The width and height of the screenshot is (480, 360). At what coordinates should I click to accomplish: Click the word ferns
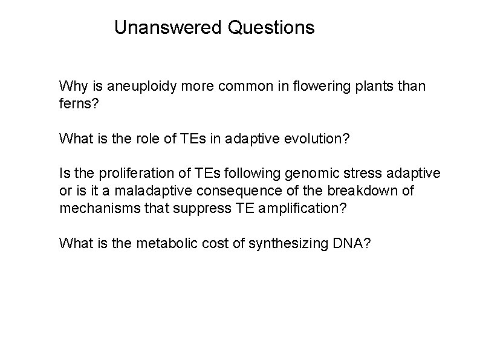click(x=74, y=104)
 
